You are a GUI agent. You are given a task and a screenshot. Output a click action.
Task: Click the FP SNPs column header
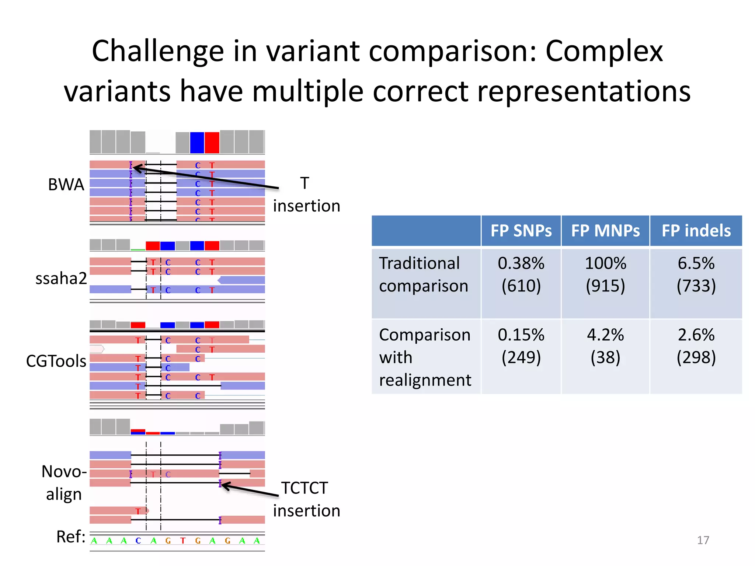pyautogui.click(x=521, y=231)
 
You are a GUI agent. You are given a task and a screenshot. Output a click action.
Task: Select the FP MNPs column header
pyautogui.click(x=605, y=231)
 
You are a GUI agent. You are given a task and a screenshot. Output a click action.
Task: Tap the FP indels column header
pyautogui.click(x=696, y=231)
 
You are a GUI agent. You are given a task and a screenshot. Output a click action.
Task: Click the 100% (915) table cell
pyautogui.click(x=605, y=275)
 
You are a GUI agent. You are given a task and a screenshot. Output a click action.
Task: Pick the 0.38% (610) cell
pyautogui.click(x=521, y=275)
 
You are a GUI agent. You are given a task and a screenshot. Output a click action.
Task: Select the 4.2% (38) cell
pyautogui.click(x=605, y=346)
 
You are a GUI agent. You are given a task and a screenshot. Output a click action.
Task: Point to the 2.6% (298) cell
pyautogui.click(x=696, y=346)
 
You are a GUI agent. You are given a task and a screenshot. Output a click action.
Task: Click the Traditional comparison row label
pyautogui.click(x=423, y=275)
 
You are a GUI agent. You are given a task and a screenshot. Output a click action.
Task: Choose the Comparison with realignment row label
pyautogui.click(x=425, y=357)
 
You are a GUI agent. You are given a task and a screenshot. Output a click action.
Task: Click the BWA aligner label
pyautogui.click(x=66, y=184)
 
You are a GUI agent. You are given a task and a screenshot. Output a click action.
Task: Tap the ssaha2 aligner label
pyautogui.click(x=61, y=278)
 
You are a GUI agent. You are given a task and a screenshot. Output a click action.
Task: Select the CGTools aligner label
pyautogui.click(x=56, y=361)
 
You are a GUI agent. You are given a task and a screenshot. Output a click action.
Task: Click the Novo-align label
pyautogui.click(x=64, y=482)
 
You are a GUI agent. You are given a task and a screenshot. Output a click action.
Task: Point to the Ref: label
pyautogui.click(x=70, y=537)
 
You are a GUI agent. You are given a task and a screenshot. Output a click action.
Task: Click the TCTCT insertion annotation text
pyautogui.click(x=306, y=499)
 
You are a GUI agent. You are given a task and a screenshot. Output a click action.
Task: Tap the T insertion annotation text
pyautogui.click(x=306, y=194)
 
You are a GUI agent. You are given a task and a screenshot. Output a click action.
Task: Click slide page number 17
pyautogui.click(x=703, y=540)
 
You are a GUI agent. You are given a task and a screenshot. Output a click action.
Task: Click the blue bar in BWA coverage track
pyautogui.click(x=197, y=143)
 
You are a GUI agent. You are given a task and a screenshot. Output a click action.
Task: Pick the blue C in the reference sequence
pyautogui.click(x=138, y=541)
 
